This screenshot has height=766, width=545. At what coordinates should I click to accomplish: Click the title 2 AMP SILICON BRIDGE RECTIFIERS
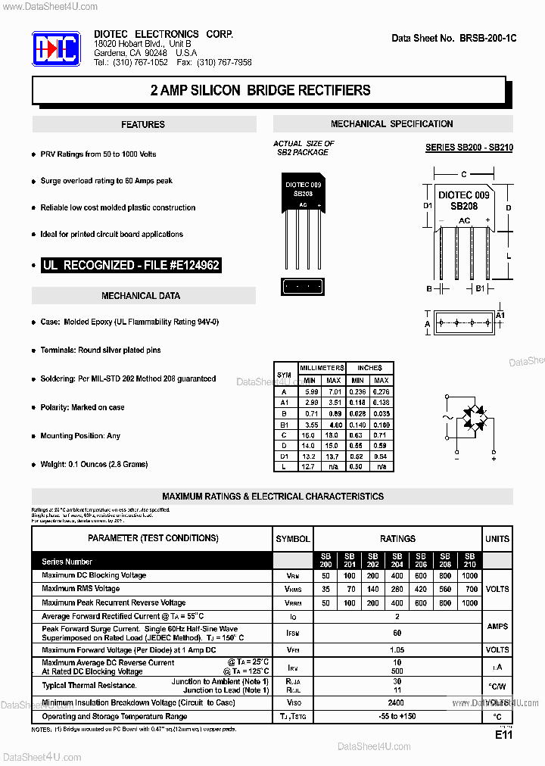260,91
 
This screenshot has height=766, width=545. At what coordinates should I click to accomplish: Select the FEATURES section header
143,125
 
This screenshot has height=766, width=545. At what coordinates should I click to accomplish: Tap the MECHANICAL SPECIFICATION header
392,124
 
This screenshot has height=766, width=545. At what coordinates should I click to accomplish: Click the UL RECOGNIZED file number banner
131,266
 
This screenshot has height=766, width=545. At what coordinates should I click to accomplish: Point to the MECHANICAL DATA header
141,296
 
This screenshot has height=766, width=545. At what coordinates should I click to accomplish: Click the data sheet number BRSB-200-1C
453,38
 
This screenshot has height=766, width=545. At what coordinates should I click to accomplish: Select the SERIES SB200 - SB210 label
469,148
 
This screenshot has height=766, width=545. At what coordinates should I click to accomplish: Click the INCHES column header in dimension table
369,367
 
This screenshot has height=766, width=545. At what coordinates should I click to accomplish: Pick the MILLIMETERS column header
322,367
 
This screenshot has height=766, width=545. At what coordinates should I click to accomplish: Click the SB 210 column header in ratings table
469,561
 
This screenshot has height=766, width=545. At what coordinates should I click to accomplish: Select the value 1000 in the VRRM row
469,603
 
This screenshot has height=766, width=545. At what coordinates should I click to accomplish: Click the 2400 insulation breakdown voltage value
397,702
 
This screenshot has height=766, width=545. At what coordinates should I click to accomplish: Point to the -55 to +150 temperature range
397,716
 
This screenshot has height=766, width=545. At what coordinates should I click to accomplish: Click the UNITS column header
497,539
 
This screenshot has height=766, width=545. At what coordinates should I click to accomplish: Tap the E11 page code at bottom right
504,735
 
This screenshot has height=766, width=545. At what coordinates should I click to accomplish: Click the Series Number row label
67,562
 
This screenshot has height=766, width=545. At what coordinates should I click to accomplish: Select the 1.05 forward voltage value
397,650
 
